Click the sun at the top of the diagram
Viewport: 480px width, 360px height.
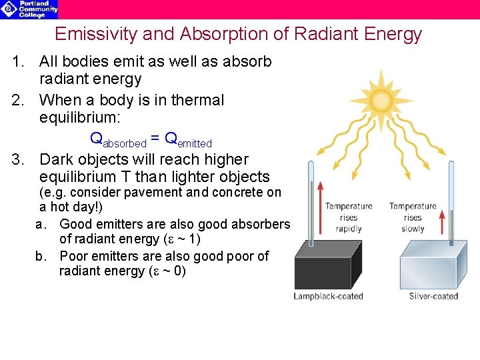(381, 101)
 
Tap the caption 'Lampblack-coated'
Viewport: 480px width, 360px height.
(328, 296)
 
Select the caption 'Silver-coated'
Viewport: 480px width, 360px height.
(433, 296)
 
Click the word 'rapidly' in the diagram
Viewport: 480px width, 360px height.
(348, 229)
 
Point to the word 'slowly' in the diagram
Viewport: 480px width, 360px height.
(413, 229)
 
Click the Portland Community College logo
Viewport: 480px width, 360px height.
(29, 9)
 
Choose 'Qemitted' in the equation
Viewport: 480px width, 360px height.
(188, 140)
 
